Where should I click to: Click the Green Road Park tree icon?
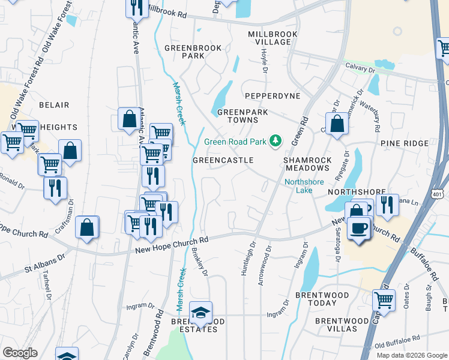[x=276, y=141]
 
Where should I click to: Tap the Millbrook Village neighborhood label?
[x=273, y=38]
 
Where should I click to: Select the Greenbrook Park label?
[x=193, y=52]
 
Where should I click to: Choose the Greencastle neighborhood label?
[x=223, y=160]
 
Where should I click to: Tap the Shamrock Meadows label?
[x=307, y=164]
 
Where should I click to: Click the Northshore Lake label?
[x=304, y=186]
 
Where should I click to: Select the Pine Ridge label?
[x=404, y=143]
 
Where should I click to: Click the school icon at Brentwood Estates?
[x=200, y=312]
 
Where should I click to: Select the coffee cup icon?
[x=359, y=228]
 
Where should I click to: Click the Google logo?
[x=20, y=353]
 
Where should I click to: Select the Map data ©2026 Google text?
[x=411, y=355]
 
